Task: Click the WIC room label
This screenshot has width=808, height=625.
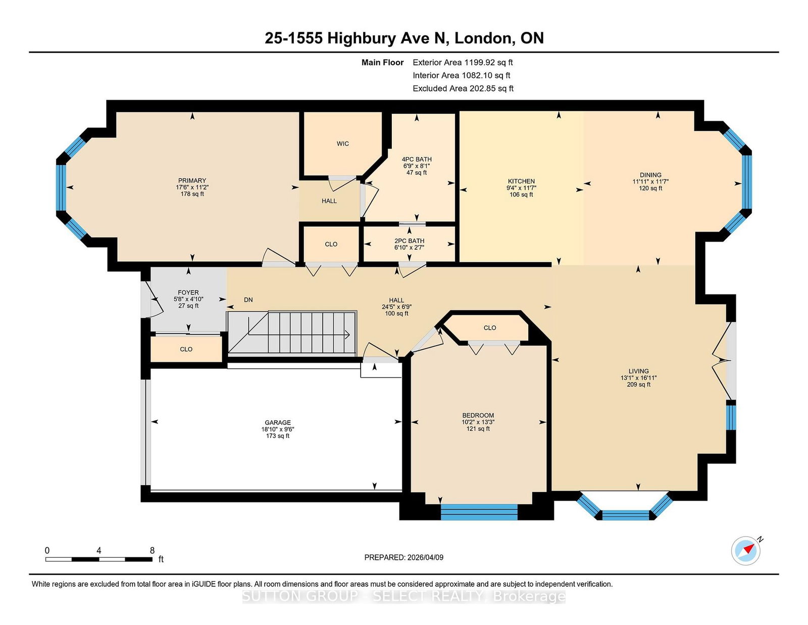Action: point(342,143)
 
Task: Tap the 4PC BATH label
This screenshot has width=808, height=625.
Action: point(417,159)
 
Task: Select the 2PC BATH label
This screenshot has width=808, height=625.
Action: point(409,241)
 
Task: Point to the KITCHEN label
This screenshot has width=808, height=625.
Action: point(521,181)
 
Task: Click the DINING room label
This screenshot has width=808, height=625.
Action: point(650,175)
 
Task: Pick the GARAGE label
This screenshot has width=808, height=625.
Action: point(277,422)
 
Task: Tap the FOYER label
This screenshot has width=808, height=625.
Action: point(188,293)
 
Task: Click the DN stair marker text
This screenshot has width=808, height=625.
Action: point(248,300)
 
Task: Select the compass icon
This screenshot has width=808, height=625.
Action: point(745,551)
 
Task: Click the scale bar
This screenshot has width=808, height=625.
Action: point(99,559)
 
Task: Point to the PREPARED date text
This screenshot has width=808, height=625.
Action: point(403,557)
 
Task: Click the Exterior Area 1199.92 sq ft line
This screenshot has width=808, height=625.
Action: point(463,63)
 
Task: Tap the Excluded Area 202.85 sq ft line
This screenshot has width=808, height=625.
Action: point(463,88)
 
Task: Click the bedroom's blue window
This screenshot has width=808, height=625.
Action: point(479,512)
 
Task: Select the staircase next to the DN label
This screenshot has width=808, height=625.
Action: point(292,332)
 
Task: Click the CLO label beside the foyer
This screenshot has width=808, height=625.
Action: point(186,349)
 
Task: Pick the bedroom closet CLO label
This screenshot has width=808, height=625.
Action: point(490,328)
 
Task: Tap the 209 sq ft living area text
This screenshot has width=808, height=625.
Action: point(638,384)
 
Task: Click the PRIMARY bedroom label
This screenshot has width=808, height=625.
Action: point(192,180)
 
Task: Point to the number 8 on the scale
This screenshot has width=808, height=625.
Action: point(152,551)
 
